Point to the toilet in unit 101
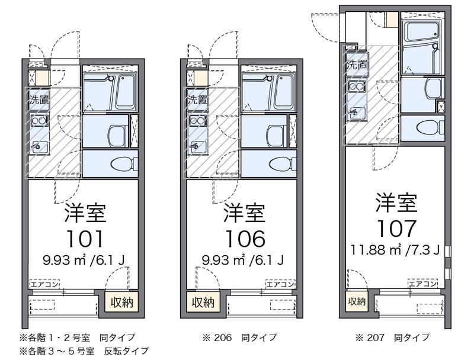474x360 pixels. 124,163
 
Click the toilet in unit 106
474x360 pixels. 284,163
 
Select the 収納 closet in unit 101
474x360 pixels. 122,303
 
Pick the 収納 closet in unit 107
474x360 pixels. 356,301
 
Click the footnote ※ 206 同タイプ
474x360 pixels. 239,337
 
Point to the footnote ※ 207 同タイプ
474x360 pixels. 392,337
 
